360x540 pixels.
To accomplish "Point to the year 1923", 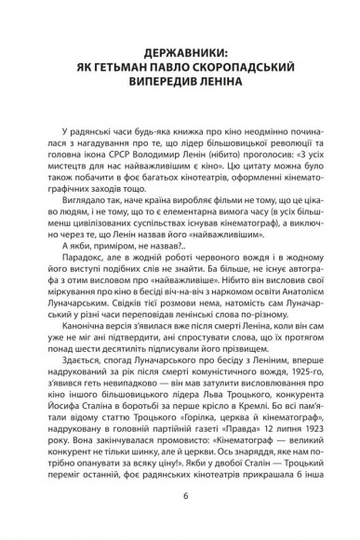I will (x=298, y=483).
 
